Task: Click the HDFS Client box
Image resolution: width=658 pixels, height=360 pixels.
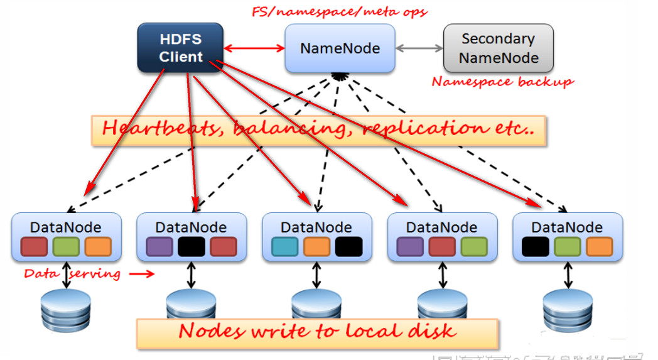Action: click(180, 48)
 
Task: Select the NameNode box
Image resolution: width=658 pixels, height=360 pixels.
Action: click(340, 48)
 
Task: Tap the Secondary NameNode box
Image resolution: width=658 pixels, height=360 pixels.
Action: click(499, 48)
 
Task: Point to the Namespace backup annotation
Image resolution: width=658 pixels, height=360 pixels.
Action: click(502, 82)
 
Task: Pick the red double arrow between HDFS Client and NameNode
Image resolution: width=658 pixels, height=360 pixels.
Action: click(254, 48)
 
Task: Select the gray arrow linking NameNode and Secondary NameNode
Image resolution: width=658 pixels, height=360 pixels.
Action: click(419, 48)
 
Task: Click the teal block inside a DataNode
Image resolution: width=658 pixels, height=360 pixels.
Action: click(284, 246)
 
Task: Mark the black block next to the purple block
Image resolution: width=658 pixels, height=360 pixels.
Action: click(191, 246)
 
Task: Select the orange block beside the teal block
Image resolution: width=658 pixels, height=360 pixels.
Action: click(316, 246)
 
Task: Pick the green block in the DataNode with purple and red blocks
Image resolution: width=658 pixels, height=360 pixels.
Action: click(473, 246)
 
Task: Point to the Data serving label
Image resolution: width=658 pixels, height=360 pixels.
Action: click(72, 274)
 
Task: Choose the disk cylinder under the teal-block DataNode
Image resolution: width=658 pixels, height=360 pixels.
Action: click(316, 304)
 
